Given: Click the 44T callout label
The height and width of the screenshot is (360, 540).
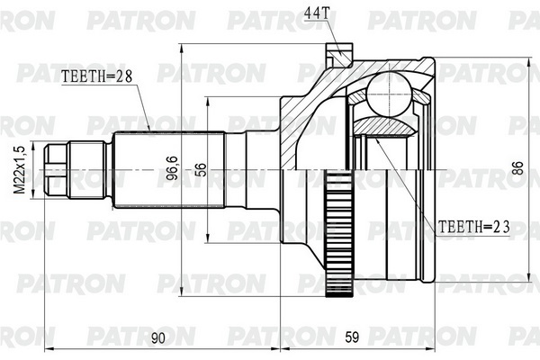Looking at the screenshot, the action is pos(317,13).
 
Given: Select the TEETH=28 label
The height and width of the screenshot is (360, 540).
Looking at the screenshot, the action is pos(97,76).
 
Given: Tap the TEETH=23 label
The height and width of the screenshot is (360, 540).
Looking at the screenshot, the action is pos(473,227).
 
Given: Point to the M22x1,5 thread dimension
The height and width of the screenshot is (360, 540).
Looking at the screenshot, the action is pos(21,169).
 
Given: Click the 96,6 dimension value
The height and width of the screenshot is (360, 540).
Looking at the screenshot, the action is pos(172,167).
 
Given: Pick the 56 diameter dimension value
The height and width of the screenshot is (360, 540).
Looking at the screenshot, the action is pos(201,169).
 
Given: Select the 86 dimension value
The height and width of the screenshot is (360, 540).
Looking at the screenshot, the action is pos(517,168).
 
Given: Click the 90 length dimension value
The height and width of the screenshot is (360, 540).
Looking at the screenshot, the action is pos(158,338).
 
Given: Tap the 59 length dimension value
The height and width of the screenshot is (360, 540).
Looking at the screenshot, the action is pos(352,337).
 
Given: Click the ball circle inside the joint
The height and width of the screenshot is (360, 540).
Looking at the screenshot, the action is pos(391,94).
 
